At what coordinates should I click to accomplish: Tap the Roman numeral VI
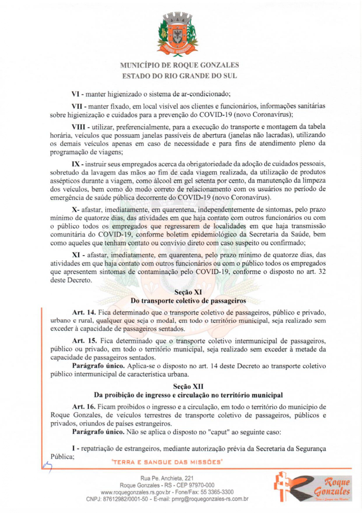pos(76,94)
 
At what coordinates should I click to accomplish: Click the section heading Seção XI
pos(185,292)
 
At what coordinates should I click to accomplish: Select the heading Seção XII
pos(185,386)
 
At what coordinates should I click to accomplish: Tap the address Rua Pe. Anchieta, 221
pos(167,478)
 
